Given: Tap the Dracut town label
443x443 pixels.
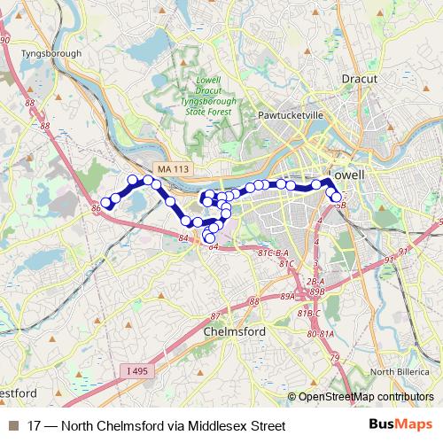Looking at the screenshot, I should coord(360,78).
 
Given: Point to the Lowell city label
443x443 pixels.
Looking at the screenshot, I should coord(346,175).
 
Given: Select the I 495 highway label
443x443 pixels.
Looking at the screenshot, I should coord(137,370).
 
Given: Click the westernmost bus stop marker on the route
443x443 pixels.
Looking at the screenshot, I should coord(106,203).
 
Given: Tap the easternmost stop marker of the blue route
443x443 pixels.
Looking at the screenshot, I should coord(337,198).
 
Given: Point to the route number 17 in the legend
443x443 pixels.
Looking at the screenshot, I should coord(35,426).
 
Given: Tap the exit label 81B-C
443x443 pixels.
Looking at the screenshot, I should coord(309,313).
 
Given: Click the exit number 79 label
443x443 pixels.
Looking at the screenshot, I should coord(334,358).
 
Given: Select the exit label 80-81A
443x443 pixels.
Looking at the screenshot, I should coord(321,334).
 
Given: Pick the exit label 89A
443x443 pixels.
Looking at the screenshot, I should coord(288,297).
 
